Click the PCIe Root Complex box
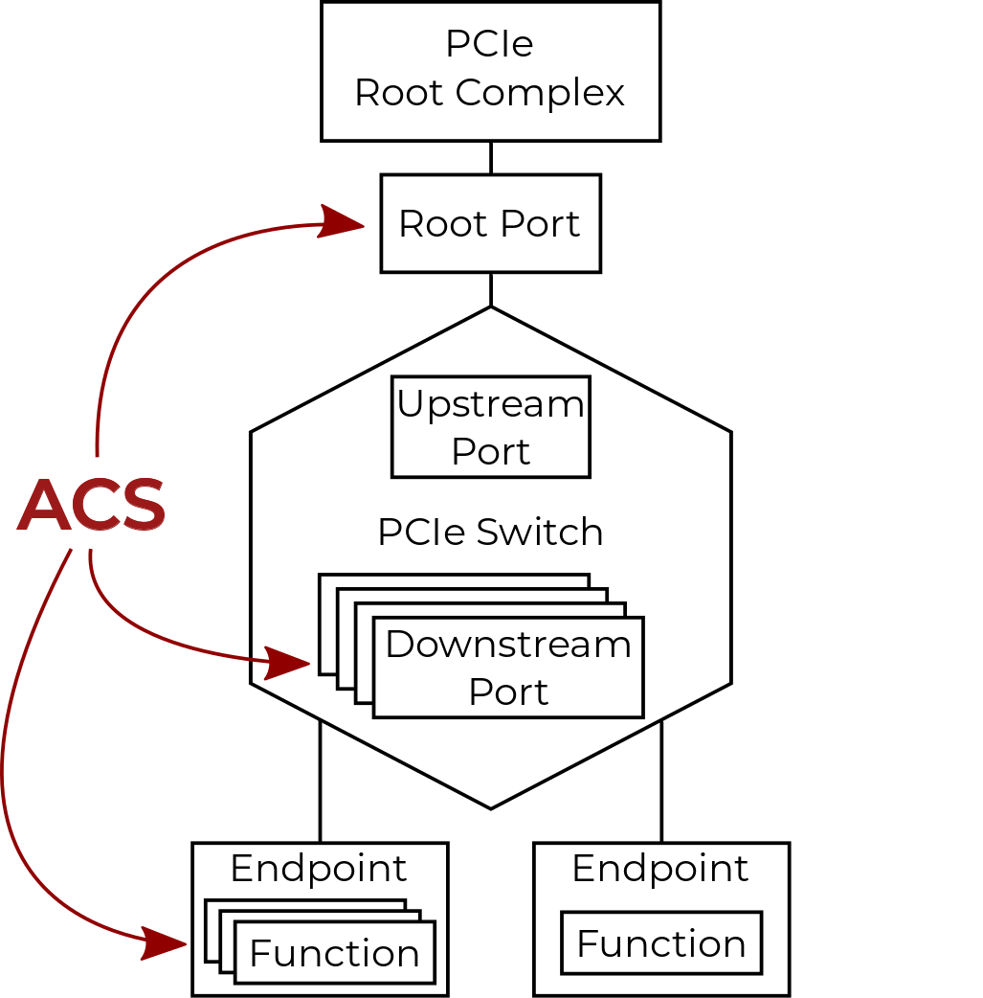pyautogui.click(x=490, y=71)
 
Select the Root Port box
pyautogui.click(x=490, y=223)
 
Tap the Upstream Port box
pyautogui.click(x=490, y=427)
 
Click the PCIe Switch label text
pyautogui.click(x=490, y=532)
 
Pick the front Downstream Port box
pyautogui.click(x=508, y=668)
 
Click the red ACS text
pyautogui.click(x=92, y=506)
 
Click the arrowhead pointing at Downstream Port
pyautogui.click(x=291, y=662)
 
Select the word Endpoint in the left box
pyautogui.click(x=319, y=869)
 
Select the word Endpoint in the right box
pyautogui.click(x=660, y=869)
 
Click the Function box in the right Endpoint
pyautogui.click(x=661, y=944)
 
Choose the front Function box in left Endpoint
pyautogui.click(x=334, y=953)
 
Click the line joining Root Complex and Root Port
pyautogui.click(x=491, y=158)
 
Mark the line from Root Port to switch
pyautogui.click(x=491, y=289)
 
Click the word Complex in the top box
pyautogui.click(x=541, y=94)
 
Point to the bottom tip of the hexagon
pyautogui.click(x=491, y=807)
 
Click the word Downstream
pyautogui.click(x=508, y=645)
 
